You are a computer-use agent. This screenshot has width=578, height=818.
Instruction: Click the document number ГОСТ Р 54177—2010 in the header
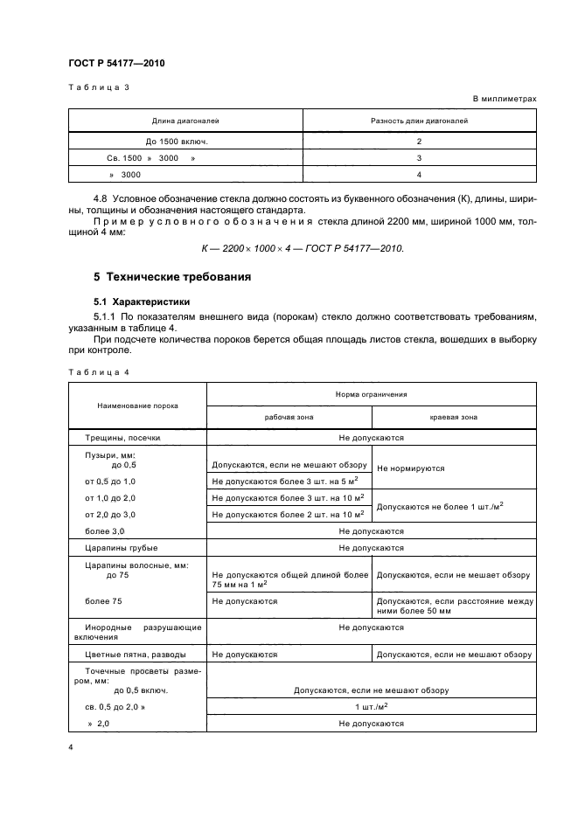(116, 63)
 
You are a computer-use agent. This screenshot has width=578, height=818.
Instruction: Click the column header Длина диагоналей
(185, 121)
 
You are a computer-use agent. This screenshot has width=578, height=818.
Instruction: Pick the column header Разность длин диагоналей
(420, 121)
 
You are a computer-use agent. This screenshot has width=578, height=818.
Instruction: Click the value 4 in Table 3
(420, 174)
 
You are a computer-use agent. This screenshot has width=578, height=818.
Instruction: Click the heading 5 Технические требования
(172, 278)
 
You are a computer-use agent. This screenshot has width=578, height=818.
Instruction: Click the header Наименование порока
(137, 406)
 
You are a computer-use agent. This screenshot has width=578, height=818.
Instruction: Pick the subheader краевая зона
(453, 418)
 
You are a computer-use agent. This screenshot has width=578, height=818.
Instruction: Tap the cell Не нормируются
(409, 468)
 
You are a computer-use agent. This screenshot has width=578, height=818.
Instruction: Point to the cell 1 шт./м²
(372, 707)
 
